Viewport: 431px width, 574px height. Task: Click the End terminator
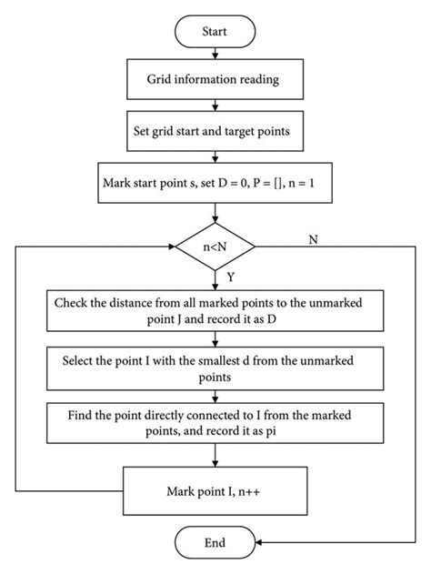click(x=214, y=542)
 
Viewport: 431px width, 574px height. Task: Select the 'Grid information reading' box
click(x=214, y=79)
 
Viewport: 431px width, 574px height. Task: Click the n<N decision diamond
click(x=214, y=245)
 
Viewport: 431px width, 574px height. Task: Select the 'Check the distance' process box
click(x=214, y=311)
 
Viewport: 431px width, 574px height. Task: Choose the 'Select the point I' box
click(x=214, y=368)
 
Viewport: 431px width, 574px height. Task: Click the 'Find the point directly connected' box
click(x=214, y=424)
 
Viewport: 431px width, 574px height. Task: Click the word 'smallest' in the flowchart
click(x=226, y=361)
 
